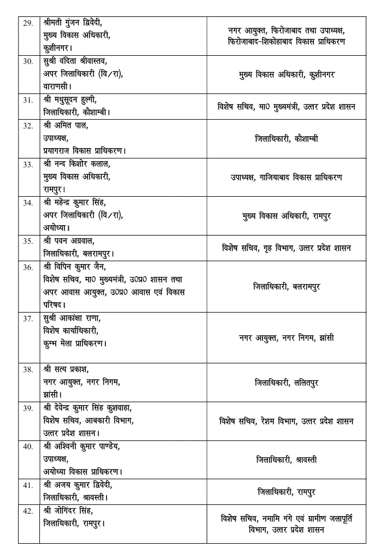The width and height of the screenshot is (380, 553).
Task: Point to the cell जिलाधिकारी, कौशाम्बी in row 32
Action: coord(287,139)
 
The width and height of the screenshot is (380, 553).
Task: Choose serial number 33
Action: coord(27,163)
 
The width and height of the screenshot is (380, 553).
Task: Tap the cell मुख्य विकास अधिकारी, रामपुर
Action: coord(287,216)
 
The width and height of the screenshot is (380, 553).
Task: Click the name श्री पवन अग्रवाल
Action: coord(69,239)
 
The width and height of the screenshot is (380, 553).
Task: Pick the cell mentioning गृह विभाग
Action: coord(287,248)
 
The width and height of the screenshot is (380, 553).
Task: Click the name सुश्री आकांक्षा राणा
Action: coord(71,318)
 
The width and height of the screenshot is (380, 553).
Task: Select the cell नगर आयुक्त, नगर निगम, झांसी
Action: coord(287,338)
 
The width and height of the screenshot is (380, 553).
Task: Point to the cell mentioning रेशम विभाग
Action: coord(287,421)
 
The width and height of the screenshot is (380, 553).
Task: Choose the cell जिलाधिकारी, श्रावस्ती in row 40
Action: coord(287,460)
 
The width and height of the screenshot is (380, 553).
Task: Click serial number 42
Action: coord(27,511)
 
